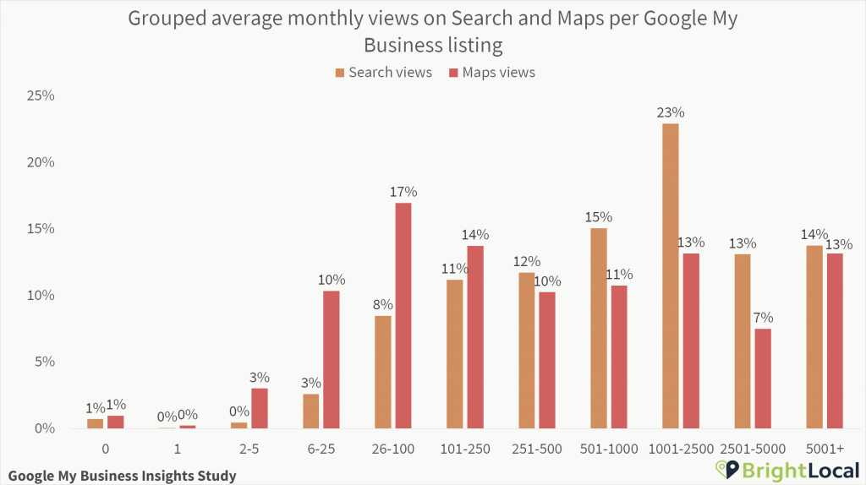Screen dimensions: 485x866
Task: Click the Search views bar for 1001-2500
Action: tap(670, 276)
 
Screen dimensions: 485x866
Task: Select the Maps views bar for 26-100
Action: tap(403, 315)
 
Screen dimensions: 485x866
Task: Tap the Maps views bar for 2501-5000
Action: tap(763, 379)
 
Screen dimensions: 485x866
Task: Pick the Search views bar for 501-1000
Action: tap(598, 328)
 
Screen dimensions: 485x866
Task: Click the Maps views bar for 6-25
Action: tap(332, 359)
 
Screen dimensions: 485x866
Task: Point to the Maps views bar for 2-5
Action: tap(260, 408)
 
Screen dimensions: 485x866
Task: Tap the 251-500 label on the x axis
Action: tap(537, 449)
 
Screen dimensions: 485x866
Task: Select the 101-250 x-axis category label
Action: tap(465, 449)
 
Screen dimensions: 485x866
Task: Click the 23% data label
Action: tap(670, 112)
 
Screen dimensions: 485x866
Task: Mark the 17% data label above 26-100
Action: tap(403, 192)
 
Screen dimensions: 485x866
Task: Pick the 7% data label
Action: tap(763, 318)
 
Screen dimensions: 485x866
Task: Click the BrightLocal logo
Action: tap(787, 470)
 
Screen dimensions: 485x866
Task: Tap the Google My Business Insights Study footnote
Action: tap(121, 476)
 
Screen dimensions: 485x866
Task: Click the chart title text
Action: tap(432, 30)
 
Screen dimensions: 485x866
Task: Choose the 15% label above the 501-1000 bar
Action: tap(598, 217)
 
